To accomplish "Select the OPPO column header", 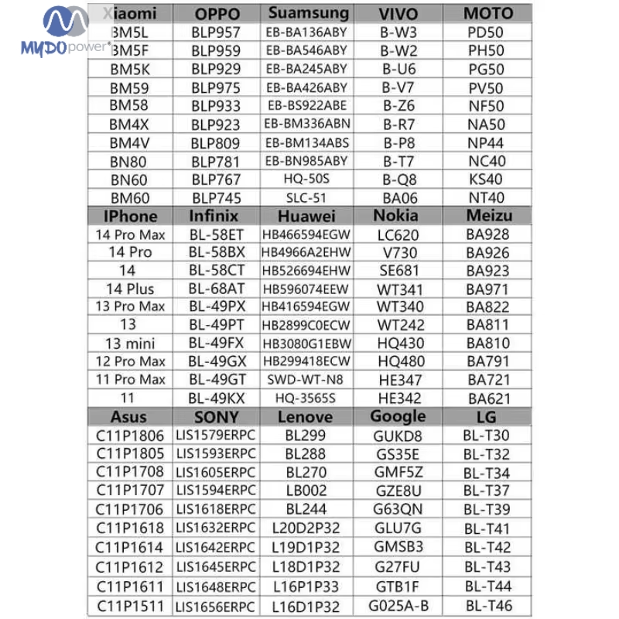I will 216,14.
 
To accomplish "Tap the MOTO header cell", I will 487,14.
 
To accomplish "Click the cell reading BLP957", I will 216,32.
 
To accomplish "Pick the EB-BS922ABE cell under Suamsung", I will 307,106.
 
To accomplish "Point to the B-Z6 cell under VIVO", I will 398,106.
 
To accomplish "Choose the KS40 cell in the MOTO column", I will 487,180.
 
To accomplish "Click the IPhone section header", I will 130,216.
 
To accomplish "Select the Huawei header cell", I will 306,216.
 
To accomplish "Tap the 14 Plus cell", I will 130,289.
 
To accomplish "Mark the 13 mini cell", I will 130,344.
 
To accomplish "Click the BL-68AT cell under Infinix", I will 216,289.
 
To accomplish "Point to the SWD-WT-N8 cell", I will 306,380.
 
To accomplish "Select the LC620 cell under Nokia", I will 398,234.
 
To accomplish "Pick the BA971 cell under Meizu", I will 488,289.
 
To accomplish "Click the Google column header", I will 398,416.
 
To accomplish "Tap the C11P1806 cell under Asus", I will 130,436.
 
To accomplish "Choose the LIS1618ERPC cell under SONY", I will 216,509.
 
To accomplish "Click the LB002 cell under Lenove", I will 306,491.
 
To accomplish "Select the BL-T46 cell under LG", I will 487,605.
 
